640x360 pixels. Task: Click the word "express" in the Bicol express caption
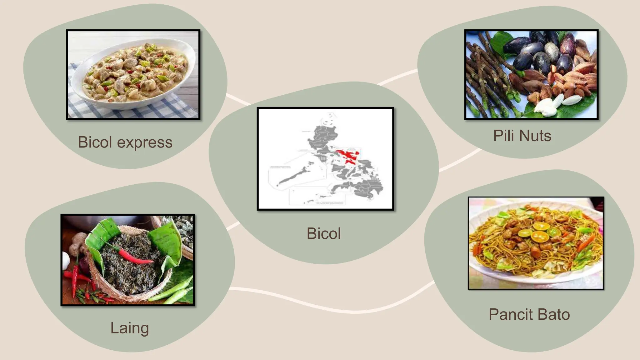(x=145, y=142)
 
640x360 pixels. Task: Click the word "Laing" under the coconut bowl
(x=129, y=328)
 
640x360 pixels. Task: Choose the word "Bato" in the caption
(x=554, y=314)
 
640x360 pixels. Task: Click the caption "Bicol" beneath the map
(x=324, y=233)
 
